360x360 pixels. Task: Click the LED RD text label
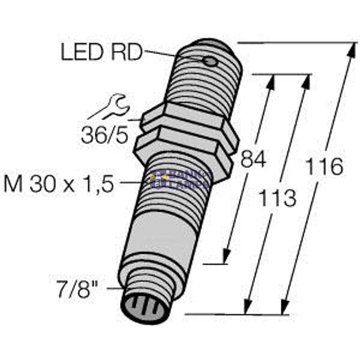click(101, 53)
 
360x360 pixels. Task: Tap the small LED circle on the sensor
click(209, 62)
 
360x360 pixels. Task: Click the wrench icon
click(110, 107)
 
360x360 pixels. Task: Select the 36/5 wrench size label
click(104, 136)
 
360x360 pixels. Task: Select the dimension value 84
click(253, 160)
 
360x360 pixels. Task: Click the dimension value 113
click(277, 197)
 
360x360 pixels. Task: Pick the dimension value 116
click(323, 166)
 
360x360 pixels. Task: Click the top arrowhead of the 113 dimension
click(307, 81)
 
